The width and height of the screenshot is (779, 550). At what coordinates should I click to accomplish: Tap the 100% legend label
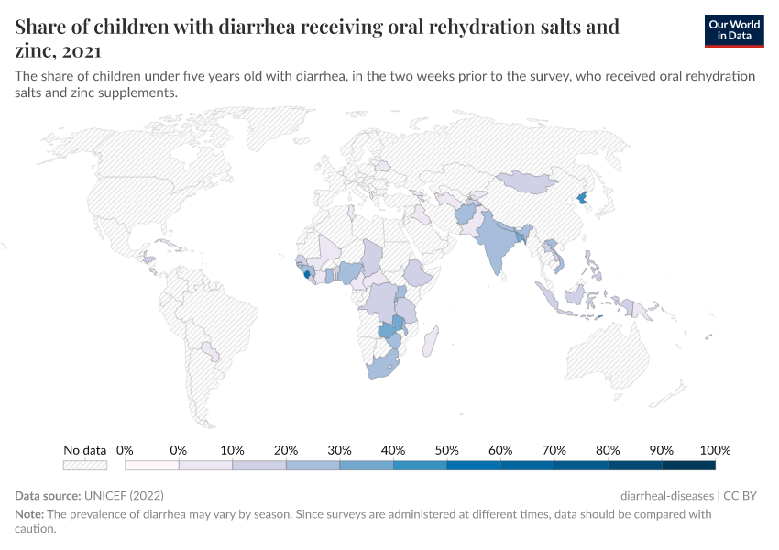click(715, 450)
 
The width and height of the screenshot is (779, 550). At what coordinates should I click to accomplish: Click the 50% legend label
click(446, 450)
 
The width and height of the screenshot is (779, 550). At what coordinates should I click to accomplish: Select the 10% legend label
click(232, 450)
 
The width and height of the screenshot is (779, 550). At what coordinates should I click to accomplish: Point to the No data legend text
click(84, 450)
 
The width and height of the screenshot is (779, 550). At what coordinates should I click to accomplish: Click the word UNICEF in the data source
click(106, 496)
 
